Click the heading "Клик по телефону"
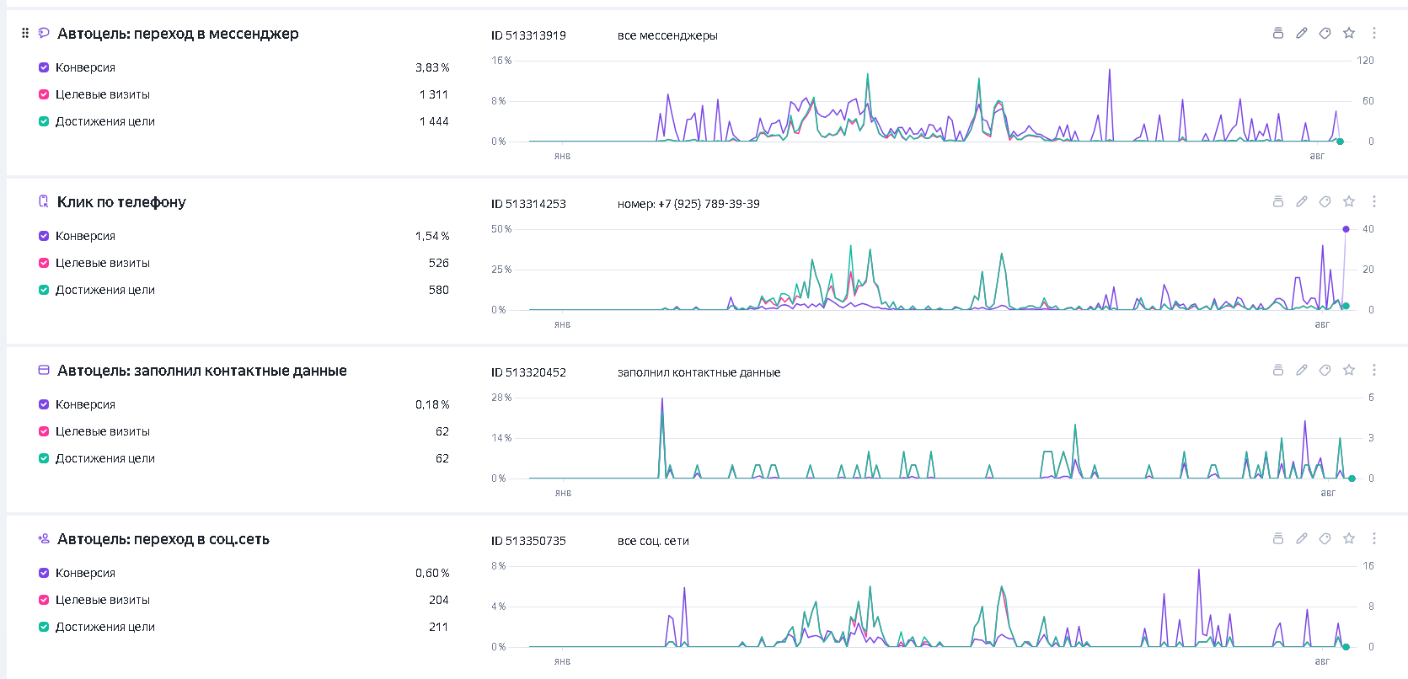[121, 202]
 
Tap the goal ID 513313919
[528, 36]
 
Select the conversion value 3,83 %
[432, 67]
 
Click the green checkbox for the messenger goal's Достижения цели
[44, 121]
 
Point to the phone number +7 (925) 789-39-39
[709, 205]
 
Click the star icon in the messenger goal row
[1349, 34]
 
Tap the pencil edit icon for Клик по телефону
[1302, 202]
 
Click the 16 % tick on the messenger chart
[501, 61]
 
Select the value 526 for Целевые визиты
[439, 263]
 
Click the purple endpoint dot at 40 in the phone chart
[1346, 229]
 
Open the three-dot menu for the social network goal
[1374, 539]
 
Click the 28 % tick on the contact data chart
[501, 398]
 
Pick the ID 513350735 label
[528, 542]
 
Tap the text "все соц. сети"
[653, 542]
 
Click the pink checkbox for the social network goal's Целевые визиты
[44, 600]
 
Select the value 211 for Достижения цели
[439, 627]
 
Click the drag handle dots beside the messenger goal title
[25, 34]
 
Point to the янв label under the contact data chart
[563, 493]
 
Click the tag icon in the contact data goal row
[1325, 371]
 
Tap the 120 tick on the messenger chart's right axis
[1365, 61]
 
